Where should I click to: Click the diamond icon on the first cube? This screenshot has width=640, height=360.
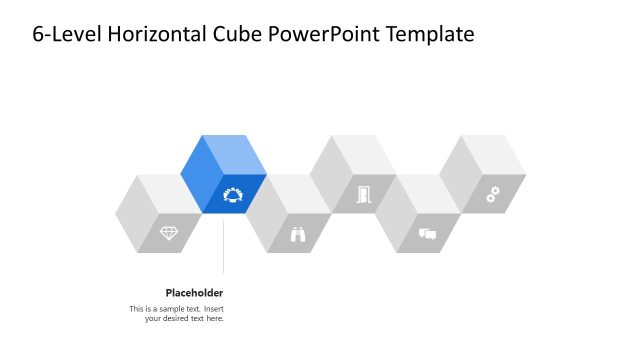pyautogui.click(x=169, y=233)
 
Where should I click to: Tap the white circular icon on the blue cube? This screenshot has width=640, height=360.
pyautogui.click(x=233, y=194)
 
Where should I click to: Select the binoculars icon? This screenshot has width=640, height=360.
pyautogui.click(x=298, y=234)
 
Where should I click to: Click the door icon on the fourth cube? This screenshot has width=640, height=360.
pyautogui.click(x=363, y=194)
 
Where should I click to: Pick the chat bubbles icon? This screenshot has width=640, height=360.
pyautogui.click(x=427, y=234)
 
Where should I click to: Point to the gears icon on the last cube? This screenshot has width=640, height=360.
pyautogui.click(x=492, y=194)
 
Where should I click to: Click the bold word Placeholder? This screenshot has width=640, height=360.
pyautogui.click(x=194, y=293)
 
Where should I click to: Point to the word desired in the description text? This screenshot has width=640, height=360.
pyautogui.click(x=180, y=319)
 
